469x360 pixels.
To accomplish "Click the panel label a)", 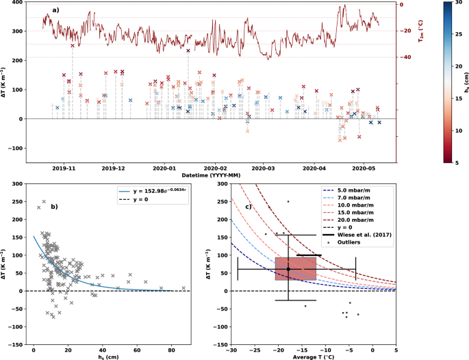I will pos(56,11).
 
